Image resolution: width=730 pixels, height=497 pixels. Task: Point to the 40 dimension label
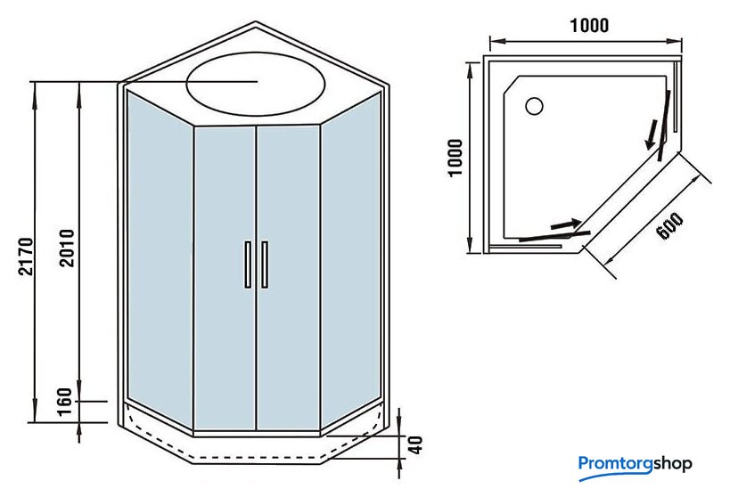click(414, 444)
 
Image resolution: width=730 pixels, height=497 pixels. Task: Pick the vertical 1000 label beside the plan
click(455, 158)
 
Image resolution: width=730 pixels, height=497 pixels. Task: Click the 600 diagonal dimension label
click(669, 226)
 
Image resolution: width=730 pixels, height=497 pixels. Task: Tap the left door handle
click(247, 264)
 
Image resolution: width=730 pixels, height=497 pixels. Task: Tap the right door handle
click(265, 264)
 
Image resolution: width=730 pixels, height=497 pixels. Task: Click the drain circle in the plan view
click(534, 106)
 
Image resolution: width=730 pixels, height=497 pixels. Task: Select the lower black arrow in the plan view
click(566, 224)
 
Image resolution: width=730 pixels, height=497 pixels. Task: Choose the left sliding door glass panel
click(225, 276)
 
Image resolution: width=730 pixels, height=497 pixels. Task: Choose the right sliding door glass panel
click(289, 276)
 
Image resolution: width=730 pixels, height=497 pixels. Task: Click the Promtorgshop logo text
click(635, 464)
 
